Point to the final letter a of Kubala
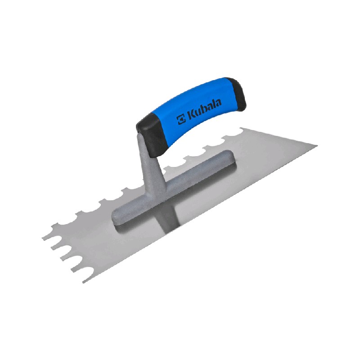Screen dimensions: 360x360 pos(218,103)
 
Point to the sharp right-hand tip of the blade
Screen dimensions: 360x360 pos(317,145)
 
